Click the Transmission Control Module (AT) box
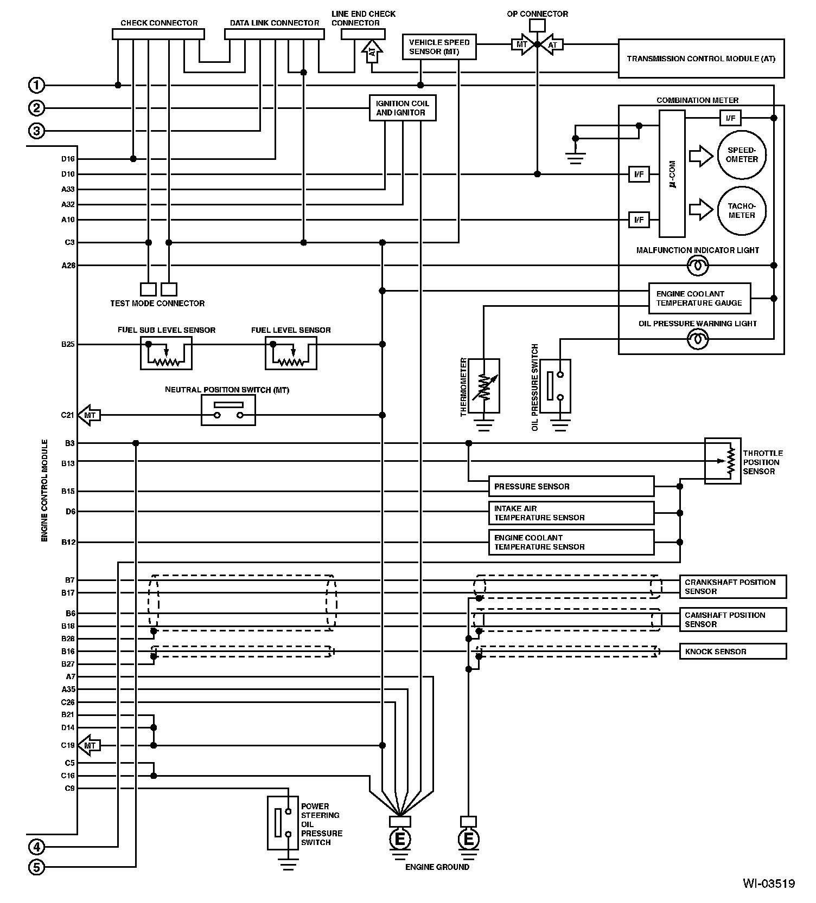coord(701,59)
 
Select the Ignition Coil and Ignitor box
coord(402,108)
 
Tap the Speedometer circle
coord(742,155)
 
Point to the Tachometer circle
coord(742,211)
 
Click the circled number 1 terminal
coord(36,85)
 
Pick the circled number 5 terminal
coord(36,868)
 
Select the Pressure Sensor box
coord(571,486)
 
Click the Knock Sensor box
coord(732,652)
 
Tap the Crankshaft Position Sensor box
coord(732,586)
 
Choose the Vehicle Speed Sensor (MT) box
coord(439,47)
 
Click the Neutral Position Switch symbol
coord(228,410)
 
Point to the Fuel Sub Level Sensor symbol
coord(166,353)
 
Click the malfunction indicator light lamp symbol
coord(698,266)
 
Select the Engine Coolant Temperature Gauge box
coord(699,298)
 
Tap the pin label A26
coord(68,266)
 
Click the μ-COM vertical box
coord(672,173)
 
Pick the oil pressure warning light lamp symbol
coord(698,339)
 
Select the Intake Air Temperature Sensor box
coord(571,513)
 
